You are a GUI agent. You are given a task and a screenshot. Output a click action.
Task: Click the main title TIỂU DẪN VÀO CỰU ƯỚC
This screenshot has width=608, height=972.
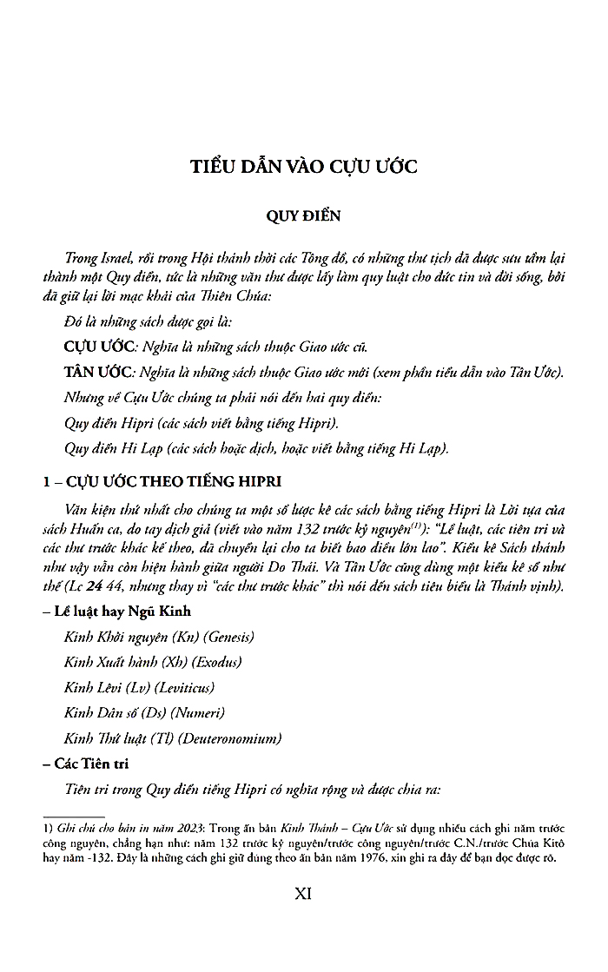(x=303, y=167)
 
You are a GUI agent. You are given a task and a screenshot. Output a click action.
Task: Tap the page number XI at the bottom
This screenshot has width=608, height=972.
(x=303, y=893)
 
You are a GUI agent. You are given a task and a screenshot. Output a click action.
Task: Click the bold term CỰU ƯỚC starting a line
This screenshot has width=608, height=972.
(x=100, y=347)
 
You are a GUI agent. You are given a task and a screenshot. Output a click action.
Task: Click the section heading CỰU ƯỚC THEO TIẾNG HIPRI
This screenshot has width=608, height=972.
(x=169, y=482)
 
